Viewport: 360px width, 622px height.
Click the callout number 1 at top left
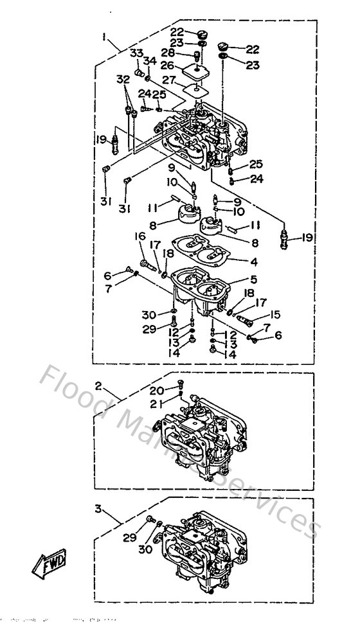point(104,37)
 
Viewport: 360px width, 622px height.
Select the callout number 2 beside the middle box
point(99,387)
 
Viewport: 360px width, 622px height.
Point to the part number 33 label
point(136,52)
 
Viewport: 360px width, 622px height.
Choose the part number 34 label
point(150,61)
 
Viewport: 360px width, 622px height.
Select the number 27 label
point(169,80)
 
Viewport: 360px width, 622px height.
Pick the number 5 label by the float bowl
point(254,280)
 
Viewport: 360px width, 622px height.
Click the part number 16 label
point(140,237)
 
